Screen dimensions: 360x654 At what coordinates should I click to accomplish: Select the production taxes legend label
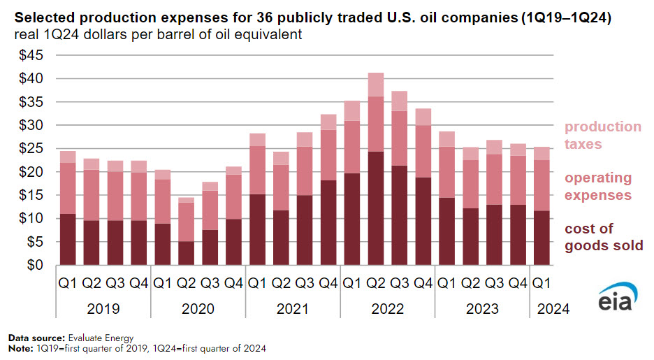[602, 136]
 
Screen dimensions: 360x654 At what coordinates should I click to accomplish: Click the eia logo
[614, 299]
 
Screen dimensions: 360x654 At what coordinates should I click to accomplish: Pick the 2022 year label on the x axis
[388, 308]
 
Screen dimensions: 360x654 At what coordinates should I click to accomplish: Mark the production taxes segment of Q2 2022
[376, 84]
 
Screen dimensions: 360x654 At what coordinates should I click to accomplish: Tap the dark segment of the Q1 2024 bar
[541, 238]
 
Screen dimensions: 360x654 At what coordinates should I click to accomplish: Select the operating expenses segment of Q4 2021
[328, 154]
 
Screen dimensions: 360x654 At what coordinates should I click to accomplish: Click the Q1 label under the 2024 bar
[541, 284]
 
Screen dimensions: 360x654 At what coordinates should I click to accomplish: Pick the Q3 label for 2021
[305, 284]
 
